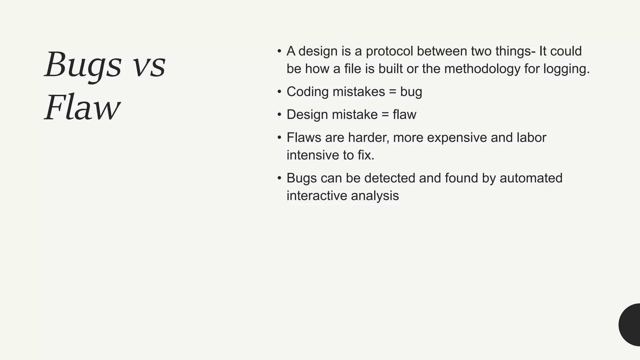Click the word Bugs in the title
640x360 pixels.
point(83,65)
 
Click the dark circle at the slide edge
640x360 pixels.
point(630,325)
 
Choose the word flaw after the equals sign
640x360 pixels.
point(404,115)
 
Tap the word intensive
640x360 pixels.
point(313,155)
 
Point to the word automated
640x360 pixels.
point(531,178)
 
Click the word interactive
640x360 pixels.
point(317,196)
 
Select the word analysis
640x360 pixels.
point(375,196)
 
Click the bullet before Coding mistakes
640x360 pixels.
point(279,92)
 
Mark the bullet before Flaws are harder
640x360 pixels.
point(279,137)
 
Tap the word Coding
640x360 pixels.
point(307,92)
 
